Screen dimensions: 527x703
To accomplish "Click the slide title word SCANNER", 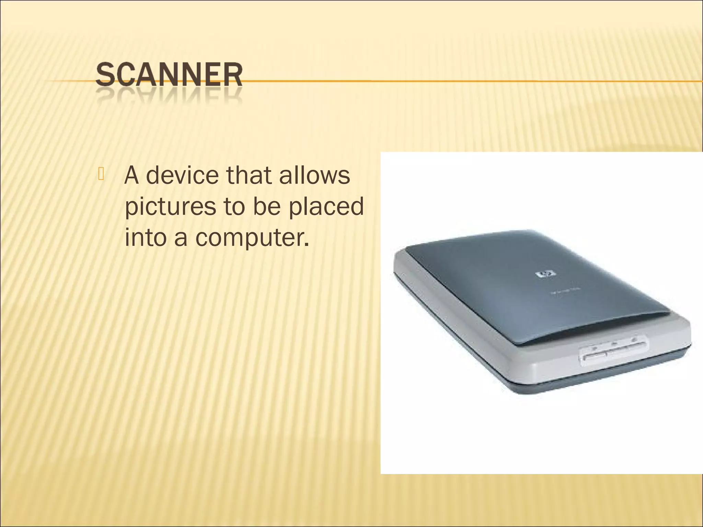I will coord(169,74).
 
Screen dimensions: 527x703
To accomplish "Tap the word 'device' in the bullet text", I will coord(182,175).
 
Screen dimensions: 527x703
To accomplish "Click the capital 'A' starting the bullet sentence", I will coord(132,175).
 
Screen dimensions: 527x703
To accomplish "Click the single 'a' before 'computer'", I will coord(181,238).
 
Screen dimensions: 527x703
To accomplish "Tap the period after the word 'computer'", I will coord(306,245).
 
